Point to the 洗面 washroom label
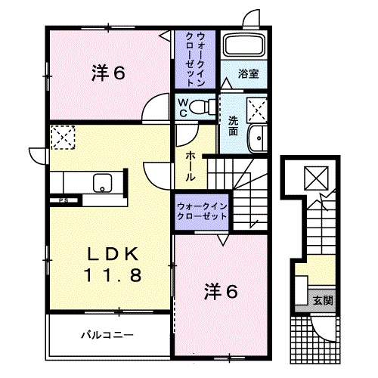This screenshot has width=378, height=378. tap(234, 124)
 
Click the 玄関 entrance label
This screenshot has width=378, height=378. tap(323, 300)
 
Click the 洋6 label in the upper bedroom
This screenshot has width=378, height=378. tap(108, 73)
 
